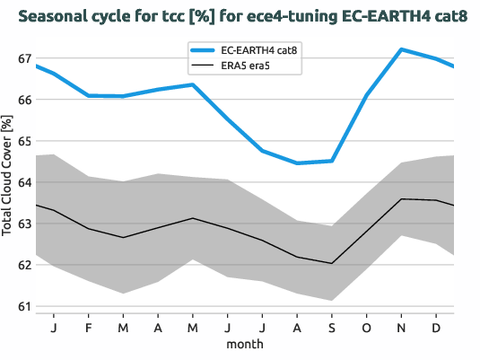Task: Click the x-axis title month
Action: [x=244, y=344]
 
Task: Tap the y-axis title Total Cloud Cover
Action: [x=9, y=180]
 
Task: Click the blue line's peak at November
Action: [x=402, y=49]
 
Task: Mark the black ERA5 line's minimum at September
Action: [x=332, y=263]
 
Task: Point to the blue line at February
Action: [x=88, y=95]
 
